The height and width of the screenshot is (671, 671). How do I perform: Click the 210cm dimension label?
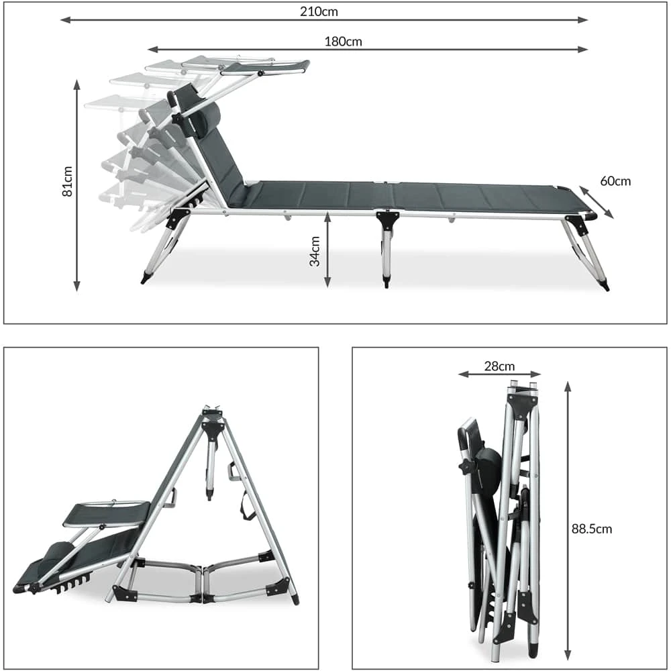(319, 11)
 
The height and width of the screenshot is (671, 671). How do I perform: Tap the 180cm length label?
(343, 42)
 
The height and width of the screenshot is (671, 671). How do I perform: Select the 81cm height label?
(67, 181)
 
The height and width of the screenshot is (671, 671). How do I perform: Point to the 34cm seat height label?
(315, 251)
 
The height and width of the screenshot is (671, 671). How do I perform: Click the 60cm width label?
(615, 181)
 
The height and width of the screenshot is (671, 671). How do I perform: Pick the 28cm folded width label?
(499, 366)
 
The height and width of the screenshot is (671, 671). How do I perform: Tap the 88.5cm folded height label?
(592, 529)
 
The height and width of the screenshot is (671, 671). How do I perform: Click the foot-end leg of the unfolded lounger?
(587, 252)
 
